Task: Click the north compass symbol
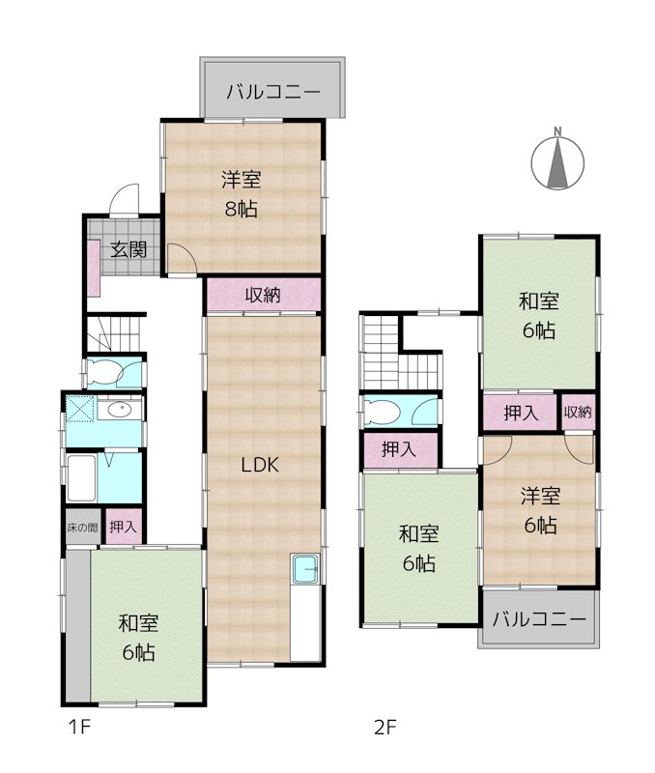tap(558, 160)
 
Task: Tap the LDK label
tap(260, 465)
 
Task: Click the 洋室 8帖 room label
tap(239, 193)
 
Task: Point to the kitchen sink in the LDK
tap(305, 570)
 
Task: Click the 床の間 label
tap(82, 527)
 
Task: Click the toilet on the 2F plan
tap(384, 412)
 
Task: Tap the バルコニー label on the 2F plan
tap(538, 619)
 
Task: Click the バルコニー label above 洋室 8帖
tap(273, 93)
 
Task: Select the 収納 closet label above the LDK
tap(262, 296)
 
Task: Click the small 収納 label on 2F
tap(578, 413)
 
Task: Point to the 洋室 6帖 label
tap(539, 511)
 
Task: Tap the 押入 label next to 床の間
tap(123, 527)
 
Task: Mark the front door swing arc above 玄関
tap(123, 200)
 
